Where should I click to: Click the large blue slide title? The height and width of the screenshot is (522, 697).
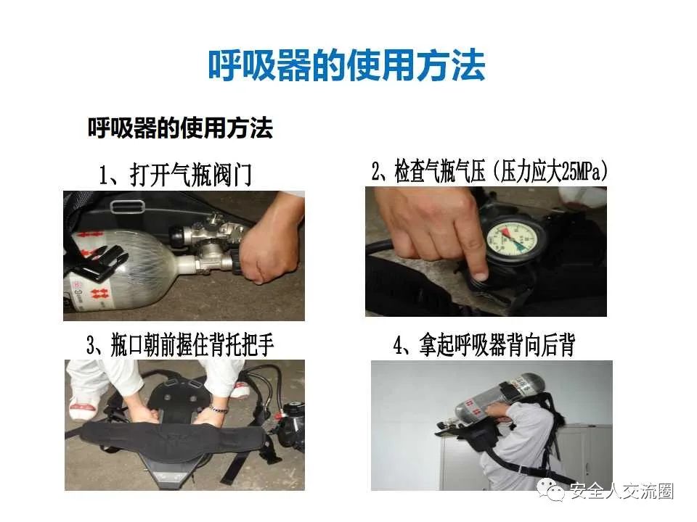coord(346,65)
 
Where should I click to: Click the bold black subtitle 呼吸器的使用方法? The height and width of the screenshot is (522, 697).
coord(180,128)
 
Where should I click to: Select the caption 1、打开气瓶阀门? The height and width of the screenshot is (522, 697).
coord(175,175)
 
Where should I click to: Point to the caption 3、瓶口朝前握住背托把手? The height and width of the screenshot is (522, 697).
coord(180,345)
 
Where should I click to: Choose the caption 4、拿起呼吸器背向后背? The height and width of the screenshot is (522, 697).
coord(484,345)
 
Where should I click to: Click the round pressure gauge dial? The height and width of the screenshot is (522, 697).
coord(514,240)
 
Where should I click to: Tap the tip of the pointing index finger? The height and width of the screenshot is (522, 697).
coord(479,275)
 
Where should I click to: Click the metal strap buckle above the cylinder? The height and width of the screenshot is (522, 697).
coord(128,207)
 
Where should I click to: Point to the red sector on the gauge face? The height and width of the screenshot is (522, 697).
coord(505,232)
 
